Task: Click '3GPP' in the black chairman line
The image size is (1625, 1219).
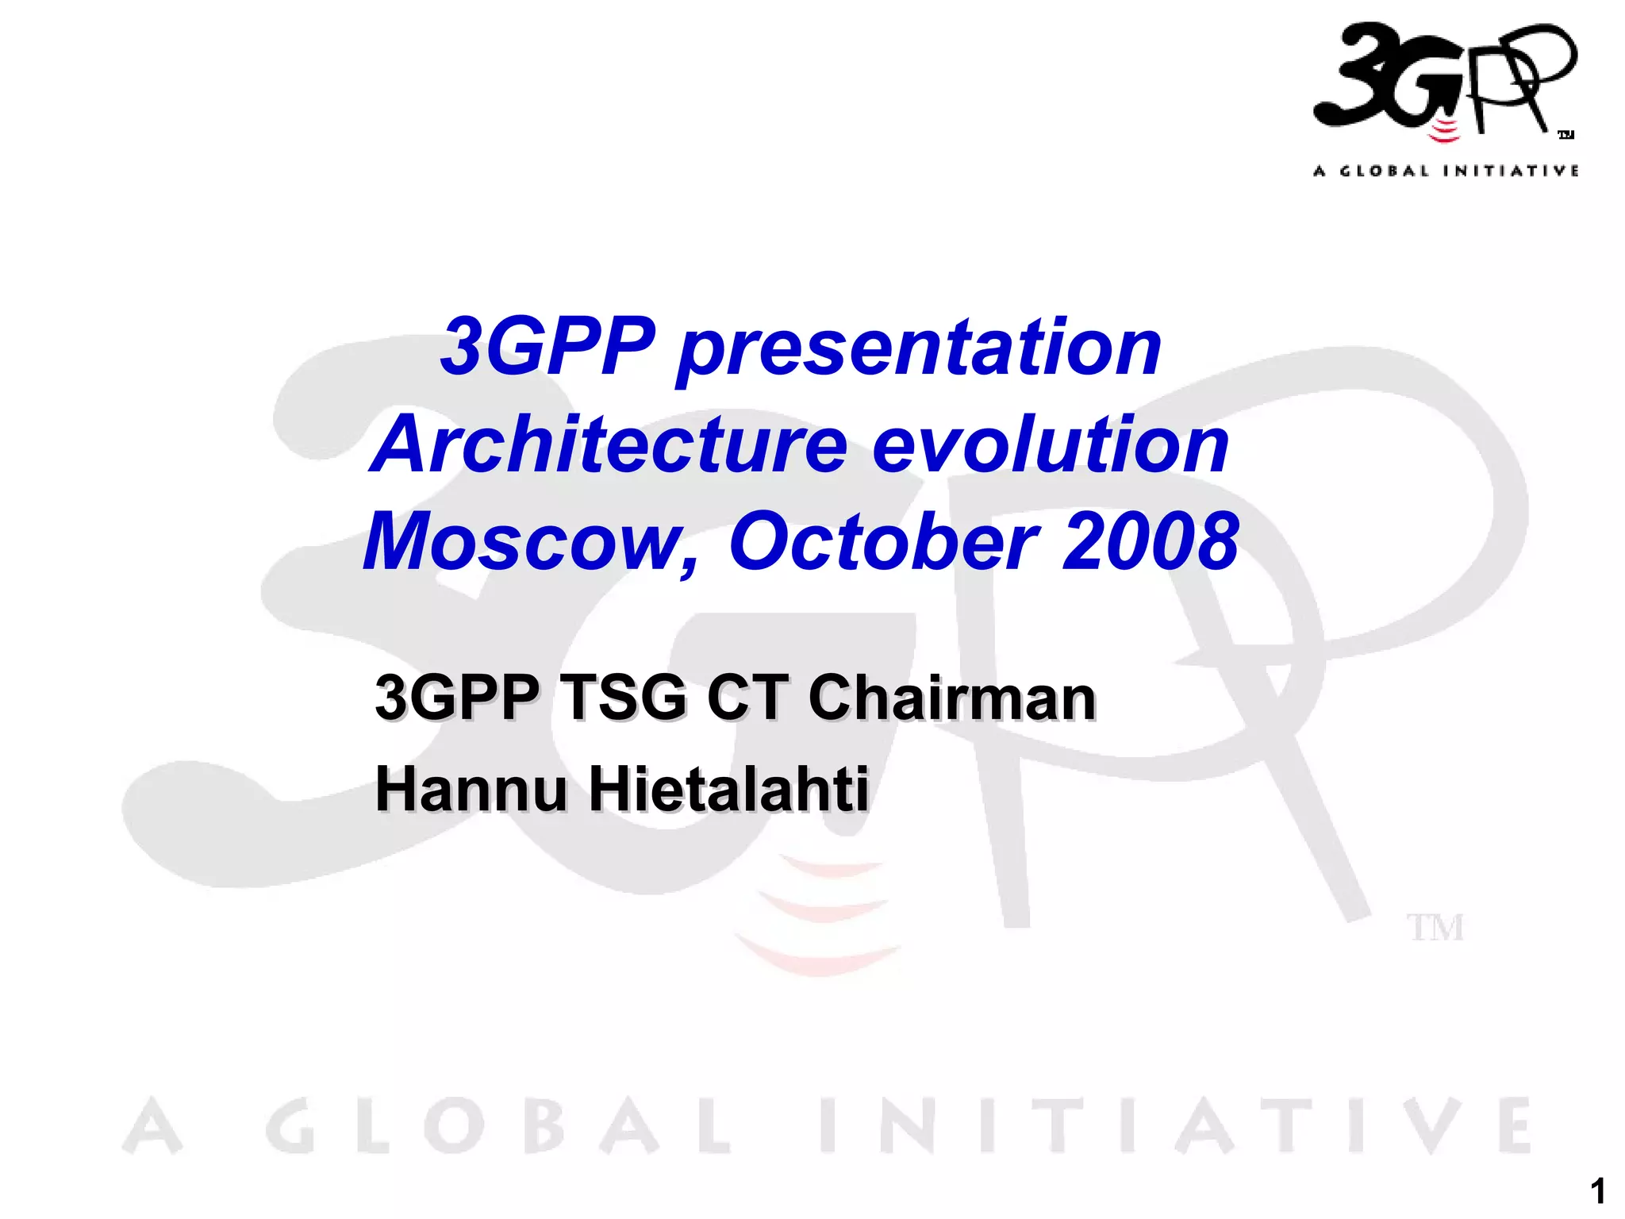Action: (455, 698)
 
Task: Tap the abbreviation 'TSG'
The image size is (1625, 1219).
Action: (623, 698)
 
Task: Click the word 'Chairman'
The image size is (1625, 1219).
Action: (951, 698)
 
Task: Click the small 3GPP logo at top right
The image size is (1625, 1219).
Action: (1444, 79)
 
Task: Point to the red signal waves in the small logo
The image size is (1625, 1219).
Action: (1444, 132)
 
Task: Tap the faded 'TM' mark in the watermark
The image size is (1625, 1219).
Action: (1435, 928)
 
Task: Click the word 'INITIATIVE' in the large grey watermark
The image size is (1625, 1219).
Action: (1174, 1127)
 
